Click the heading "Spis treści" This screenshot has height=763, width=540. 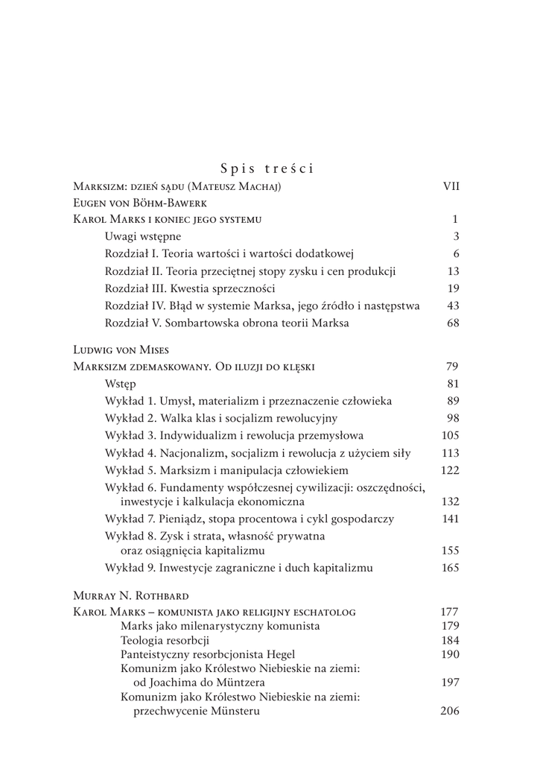click(267, 168)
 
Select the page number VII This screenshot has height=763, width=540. click(451, 186)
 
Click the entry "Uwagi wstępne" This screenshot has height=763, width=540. click(143, 237)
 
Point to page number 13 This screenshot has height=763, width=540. click(454, 271)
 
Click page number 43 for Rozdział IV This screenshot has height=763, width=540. click(454, 305)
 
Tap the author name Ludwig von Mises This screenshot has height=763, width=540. click(121, 349)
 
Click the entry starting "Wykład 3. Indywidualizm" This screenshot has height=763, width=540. click(235, 436)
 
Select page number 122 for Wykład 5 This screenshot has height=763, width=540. click(451, 470)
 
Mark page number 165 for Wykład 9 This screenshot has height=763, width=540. click(451, 568)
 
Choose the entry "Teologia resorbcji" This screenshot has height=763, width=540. click(165, 639)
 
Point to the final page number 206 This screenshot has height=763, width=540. click(450, 711)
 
